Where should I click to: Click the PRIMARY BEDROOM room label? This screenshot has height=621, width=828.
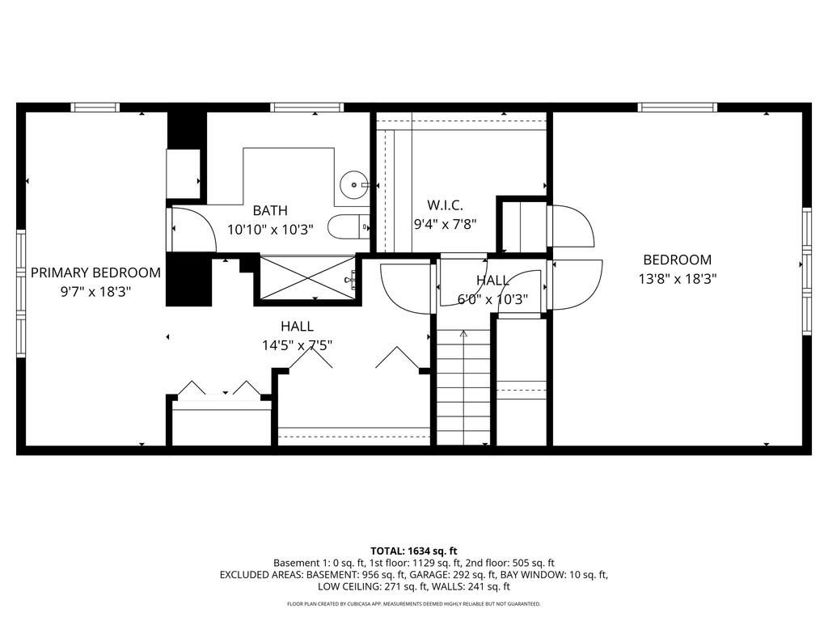point(95,272)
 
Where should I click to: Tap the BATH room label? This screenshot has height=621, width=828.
point(270,210)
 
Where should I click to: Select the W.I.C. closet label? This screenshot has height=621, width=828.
point(445,205)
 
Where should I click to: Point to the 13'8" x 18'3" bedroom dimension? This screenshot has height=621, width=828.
point(677,278)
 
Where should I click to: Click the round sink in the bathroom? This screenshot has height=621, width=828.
point(353,184)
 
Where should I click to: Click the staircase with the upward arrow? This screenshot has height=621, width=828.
point(463,387)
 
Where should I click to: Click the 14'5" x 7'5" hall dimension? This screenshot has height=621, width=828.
point(298,345)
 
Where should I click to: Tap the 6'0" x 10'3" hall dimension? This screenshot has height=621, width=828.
point(492,299)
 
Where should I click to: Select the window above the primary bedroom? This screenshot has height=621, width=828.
point(95,108)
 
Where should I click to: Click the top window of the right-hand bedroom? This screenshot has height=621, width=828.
point(677,108)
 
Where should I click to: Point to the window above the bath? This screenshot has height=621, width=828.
point(306,108)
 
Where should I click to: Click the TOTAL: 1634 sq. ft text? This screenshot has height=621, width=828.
point(413,551)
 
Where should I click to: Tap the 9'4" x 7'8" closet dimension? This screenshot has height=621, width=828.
point(445,225)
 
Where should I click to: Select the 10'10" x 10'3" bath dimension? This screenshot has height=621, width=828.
point(270,230)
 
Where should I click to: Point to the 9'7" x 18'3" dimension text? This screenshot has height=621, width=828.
point(95,291)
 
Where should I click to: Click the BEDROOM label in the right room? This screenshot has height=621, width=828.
point(677,260)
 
